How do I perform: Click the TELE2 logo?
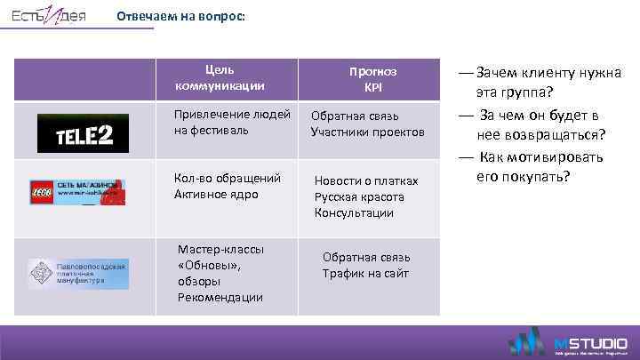click(82, 133)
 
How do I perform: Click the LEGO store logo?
click(77, 192)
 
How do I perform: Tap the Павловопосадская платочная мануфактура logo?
click(78, 274)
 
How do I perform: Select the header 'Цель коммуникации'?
click(220, 78)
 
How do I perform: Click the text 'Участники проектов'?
click(367, 132)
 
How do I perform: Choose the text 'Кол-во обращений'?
click(228, 178)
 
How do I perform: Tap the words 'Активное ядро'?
click(217, 194)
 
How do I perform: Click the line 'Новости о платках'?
click(366, 180)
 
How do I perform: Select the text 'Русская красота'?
click(359, 196)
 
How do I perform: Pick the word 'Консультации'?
click(354, 212)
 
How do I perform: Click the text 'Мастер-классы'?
click(220, 249)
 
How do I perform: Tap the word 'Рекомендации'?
click(220, 297)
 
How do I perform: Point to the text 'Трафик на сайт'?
click(365, 273)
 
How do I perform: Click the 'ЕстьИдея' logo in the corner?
click(49, 18)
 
